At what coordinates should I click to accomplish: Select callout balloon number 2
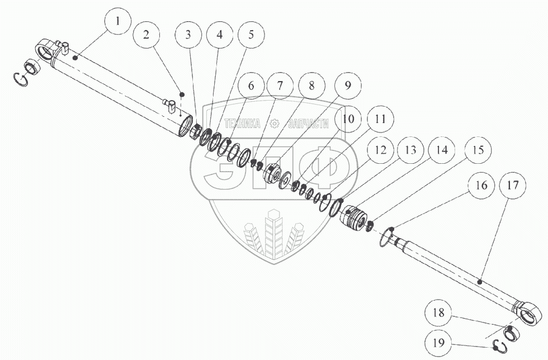tap(147, 35)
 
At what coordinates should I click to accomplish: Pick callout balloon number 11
tap(380, 119)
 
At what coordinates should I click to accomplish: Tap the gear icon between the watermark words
tap(274, 124)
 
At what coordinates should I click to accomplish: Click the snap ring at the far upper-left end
tap(21, 79)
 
